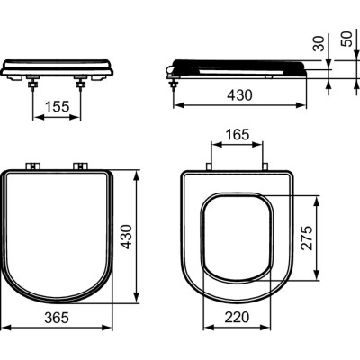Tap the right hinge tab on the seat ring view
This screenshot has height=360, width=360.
(266, 167)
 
